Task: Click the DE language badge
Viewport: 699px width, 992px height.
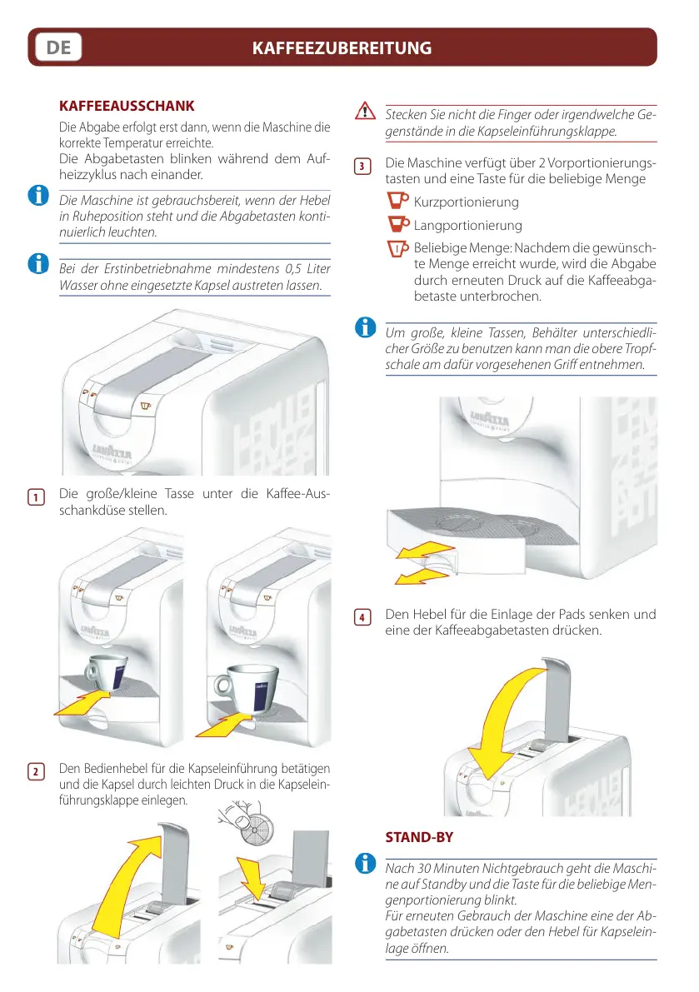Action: pos(58,47)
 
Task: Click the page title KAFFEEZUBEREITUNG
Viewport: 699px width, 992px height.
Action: pos(342,48)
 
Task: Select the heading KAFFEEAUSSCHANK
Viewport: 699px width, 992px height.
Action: pos(127,107)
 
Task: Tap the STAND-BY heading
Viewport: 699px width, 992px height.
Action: pos(419,836)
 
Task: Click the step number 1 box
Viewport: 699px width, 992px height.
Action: pos(36,498)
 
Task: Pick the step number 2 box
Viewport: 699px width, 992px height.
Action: pos(36,771)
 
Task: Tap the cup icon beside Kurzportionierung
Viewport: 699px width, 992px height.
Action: pos(399,202)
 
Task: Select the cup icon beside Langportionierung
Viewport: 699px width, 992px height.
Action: pos(399,225)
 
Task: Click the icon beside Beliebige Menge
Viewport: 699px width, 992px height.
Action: pos(399,249)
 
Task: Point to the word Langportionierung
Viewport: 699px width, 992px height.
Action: pos(467,226)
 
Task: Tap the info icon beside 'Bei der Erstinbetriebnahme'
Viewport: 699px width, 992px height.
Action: pos(37,264)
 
